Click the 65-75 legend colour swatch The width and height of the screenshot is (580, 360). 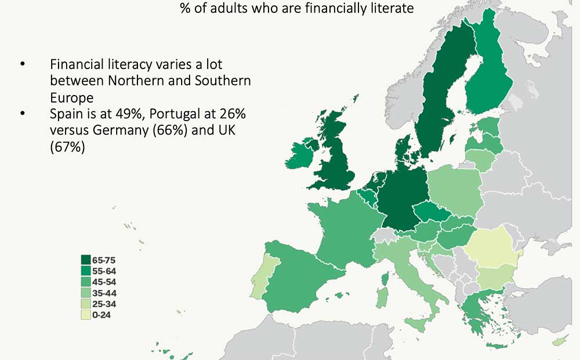click(86, 260)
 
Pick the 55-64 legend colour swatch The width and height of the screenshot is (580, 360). click(86, 271)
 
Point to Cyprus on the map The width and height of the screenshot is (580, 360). click(559, 341)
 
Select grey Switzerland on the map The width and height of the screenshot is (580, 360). click(383, 235)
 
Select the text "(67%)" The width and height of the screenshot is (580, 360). click(68, 148)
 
